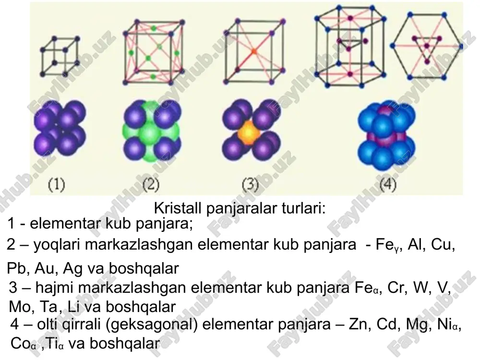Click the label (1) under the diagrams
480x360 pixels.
(x=57, y=185)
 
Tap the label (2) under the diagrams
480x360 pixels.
(x=151, y=185)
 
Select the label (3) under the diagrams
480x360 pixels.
(x=250, y=185)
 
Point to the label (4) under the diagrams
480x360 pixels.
(x=387, y=185)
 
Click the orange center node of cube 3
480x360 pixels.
(x=253, y=51)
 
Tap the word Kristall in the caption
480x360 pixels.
(x=178, y=208)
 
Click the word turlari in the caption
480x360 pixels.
(x=303, y=208)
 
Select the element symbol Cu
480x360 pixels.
(x=441, y=244)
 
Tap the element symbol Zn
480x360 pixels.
(x=358, y=324)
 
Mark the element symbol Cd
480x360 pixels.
(x=387, y=324)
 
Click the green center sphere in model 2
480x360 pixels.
(x=150, y=133)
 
